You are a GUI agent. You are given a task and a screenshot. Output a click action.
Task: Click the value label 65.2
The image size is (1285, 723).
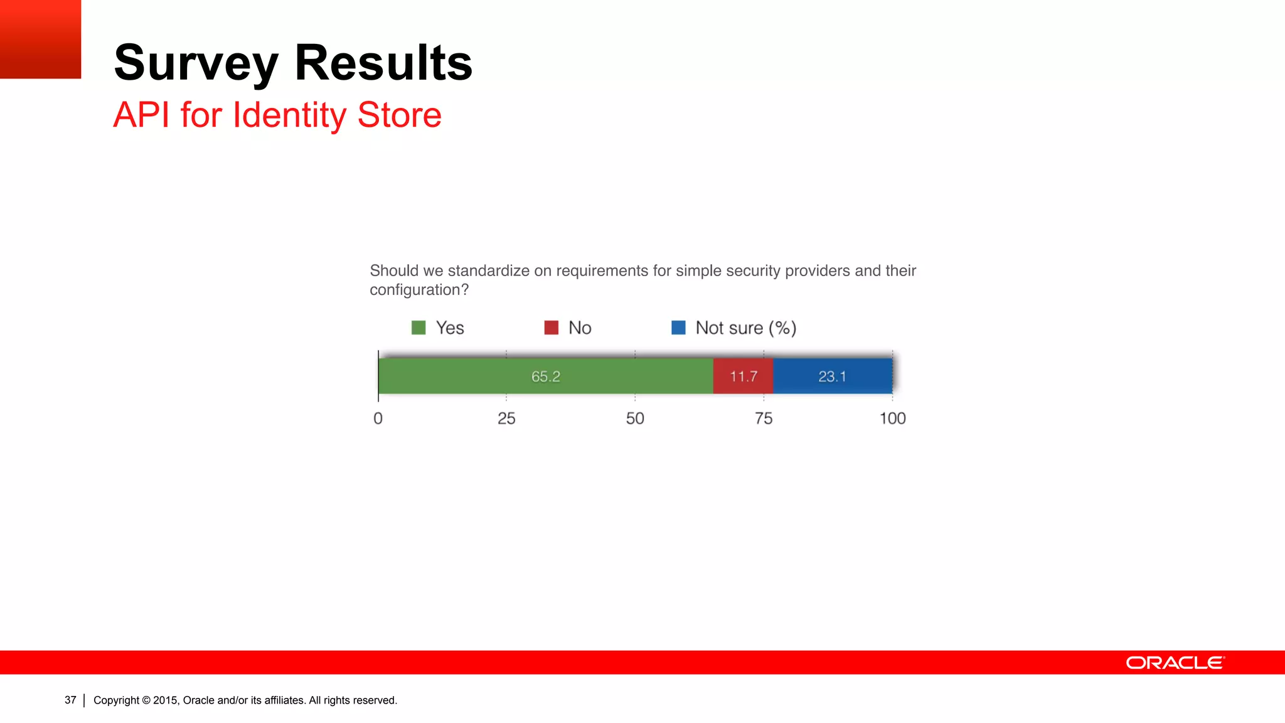point(545,377)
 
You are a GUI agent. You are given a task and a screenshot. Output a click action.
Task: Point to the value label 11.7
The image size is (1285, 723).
point(743,377)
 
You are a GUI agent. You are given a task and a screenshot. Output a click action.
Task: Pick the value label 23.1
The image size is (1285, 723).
point(832,377)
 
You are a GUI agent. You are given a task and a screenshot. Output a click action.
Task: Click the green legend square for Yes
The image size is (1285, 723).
point(419,328)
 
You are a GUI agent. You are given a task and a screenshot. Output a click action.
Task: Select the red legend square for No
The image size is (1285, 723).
point(551,328)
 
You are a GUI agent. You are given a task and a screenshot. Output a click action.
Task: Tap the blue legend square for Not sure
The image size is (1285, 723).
point(678,328)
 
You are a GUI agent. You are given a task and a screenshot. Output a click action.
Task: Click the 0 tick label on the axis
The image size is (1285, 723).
point(378,419)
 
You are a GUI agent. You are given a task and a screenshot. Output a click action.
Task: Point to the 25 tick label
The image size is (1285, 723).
point(506,419)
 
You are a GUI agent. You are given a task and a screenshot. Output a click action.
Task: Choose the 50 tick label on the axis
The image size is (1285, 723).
point(635,419)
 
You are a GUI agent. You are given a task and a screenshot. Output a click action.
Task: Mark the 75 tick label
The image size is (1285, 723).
point(764,419)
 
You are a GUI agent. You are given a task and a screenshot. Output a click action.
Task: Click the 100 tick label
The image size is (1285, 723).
point(892,419)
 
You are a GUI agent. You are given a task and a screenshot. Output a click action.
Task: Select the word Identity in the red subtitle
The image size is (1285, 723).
point(289,115)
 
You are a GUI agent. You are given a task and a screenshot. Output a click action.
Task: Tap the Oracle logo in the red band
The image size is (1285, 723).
point(1175,663)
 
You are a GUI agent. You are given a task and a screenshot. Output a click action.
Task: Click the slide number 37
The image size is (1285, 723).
point(70,700)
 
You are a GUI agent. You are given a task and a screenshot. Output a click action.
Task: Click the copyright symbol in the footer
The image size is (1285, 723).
point(146,700)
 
